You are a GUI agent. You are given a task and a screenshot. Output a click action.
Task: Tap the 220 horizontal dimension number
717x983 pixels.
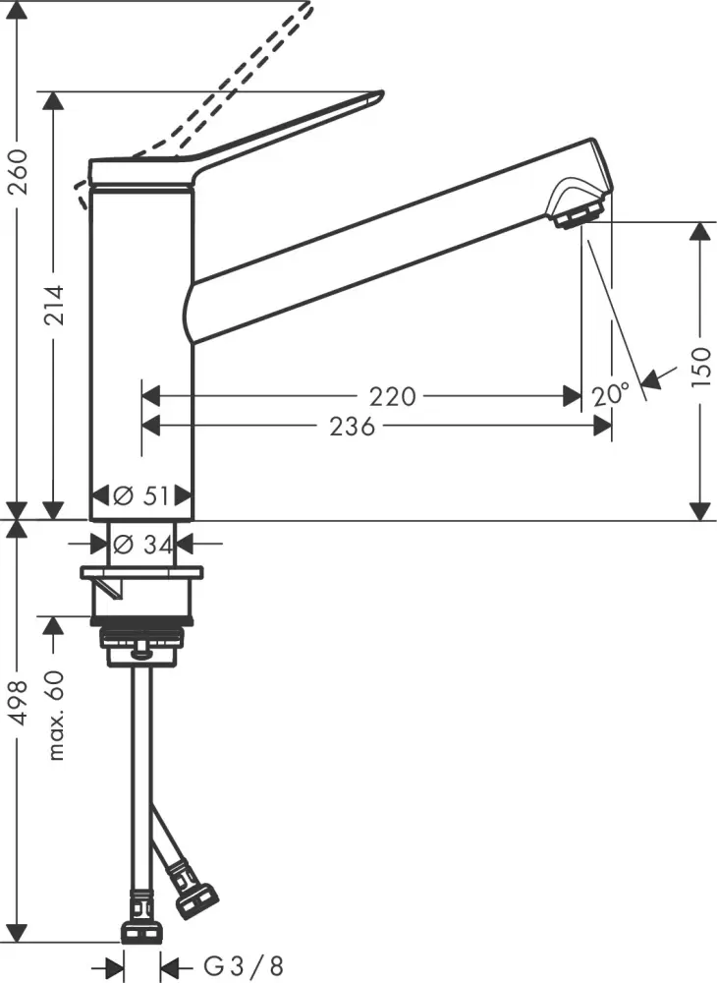tap(393, 396)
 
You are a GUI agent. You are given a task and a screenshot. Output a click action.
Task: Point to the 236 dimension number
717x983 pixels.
tap(352, 426)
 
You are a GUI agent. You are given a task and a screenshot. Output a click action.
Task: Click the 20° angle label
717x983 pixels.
tap(611, 395)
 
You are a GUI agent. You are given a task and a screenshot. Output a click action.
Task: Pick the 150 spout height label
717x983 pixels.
tap(699, 367)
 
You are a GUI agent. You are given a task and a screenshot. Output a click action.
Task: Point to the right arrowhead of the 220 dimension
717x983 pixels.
tap(572, 396)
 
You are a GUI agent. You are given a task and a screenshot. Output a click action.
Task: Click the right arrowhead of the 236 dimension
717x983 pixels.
tap(603, 426)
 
